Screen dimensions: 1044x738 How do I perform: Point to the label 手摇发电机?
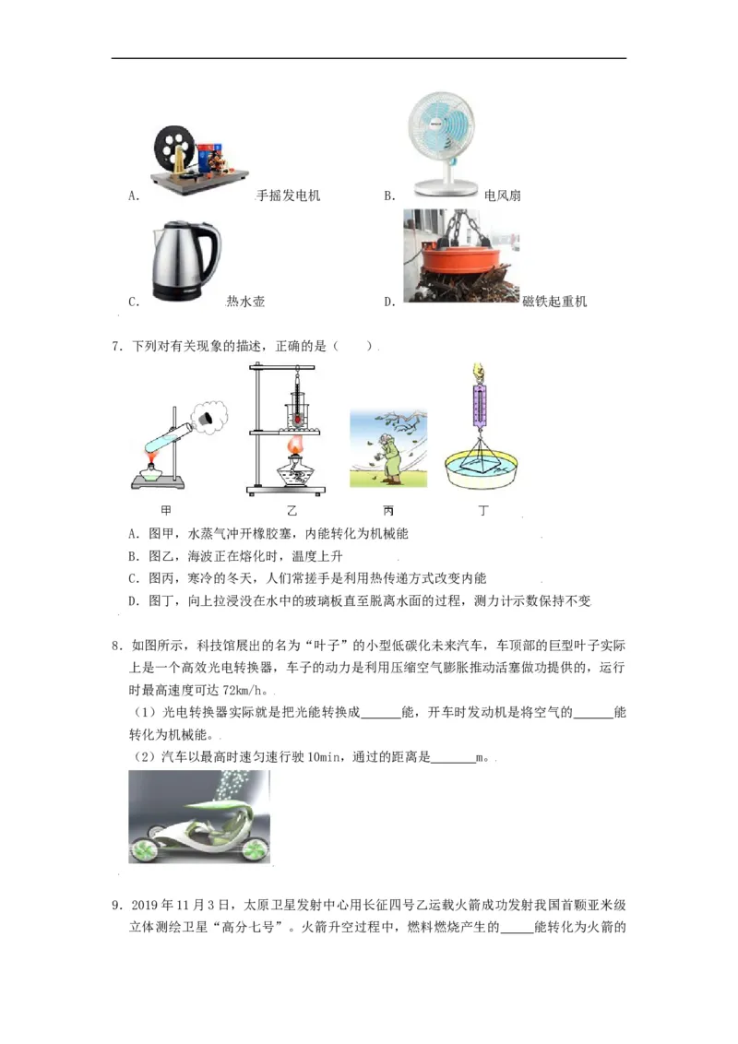289,196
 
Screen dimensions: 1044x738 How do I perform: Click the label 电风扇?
503,196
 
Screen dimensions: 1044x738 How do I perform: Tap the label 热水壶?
245,302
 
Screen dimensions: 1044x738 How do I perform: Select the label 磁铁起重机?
554,302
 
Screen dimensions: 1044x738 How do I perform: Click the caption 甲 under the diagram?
166,509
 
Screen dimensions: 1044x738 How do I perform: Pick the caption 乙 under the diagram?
294,509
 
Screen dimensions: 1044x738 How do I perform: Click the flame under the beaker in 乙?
295,446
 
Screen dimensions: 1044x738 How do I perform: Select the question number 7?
117,347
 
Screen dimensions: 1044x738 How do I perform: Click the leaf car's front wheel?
143,847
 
